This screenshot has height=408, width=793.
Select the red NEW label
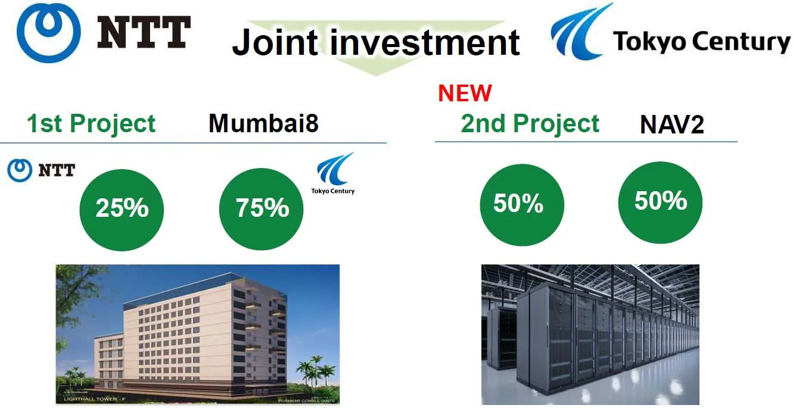point(465,93)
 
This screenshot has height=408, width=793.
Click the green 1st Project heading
point(91,123)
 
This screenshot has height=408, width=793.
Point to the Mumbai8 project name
point(263,123)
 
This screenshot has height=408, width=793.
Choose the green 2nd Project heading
point(530,123)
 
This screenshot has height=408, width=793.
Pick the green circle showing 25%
point(122,208)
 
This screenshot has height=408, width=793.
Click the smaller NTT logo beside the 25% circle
point(41,171)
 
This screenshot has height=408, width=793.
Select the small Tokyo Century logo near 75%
point(334,173)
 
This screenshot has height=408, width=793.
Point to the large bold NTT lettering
point(144,33)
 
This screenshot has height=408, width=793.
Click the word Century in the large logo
point(739,42)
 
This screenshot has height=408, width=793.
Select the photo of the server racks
point(590,334)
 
